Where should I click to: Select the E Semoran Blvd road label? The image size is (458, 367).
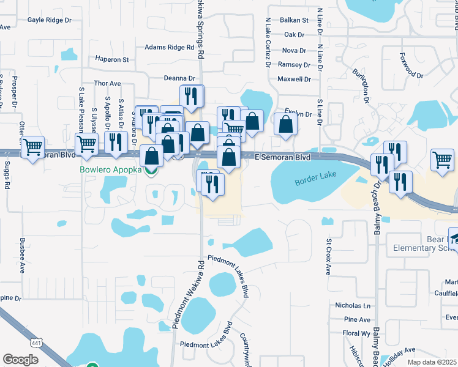(x=282, y=157)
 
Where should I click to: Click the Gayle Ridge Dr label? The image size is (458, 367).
(x=50, y=20)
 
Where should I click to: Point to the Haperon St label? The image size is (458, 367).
(x=112, y=60)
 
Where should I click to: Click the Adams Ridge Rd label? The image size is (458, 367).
(x=168, y=47)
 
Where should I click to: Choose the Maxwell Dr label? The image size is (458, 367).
(x=294, y=79)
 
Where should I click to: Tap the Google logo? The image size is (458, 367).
(x=20, y=359)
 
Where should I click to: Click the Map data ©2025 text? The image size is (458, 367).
(x=432, y=362)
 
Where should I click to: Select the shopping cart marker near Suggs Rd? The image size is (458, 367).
(x=32, y=146)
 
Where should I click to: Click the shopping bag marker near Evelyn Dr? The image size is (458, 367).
(x=286, y=124)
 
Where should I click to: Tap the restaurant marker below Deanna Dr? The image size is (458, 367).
(x=192, y=95)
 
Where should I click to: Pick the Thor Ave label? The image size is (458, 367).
(x=107, y=83)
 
